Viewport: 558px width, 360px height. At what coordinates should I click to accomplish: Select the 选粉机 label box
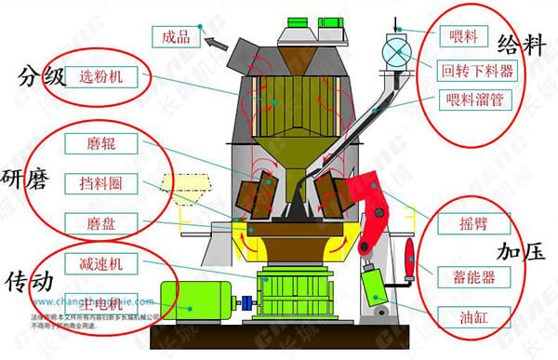click(102, 75)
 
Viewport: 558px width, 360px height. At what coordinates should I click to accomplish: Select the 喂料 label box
click(461, 36)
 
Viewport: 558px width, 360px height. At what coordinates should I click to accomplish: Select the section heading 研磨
click(25, 177)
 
